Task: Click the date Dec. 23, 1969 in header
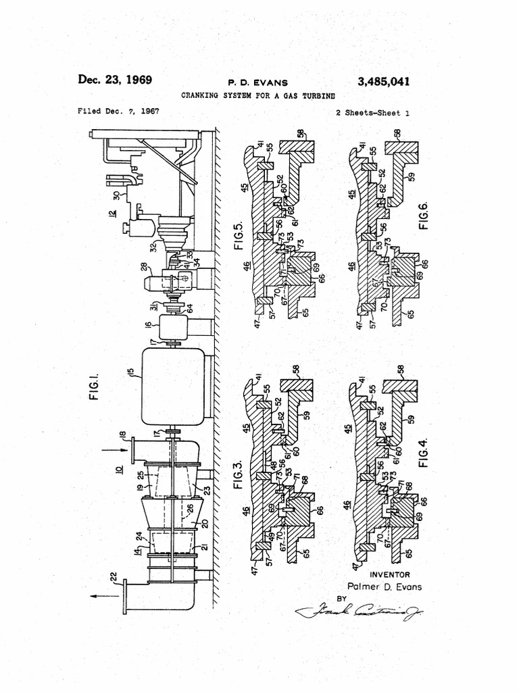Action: point(115,80)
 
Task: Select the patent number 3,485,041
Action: point(383,82)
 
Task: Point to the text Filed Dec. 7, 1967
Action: point(118,111)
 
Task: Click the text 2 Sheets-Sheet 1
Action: point(372,113)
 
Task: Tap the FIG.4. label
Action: point(424,451)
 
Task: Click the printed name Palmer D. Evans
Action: point(384,587)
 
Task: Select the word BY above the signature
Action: point(342,598)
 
